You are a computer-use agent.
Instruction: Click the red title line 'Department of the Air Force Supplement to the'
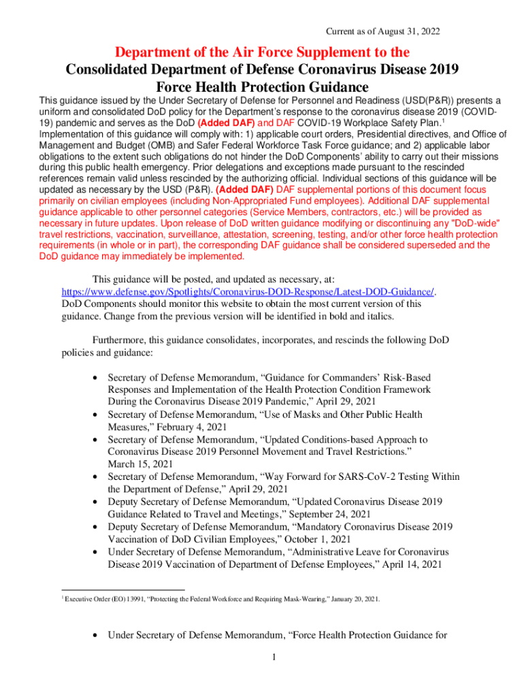[x=262, y=52]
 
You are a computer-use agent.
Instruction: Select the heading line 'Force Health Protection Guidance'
[x=262, y=88]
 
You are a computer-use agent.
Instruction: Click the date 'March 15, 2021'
[x=140, y=464]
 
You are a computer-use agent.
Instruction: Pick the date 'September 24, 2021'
[x=331, y=514]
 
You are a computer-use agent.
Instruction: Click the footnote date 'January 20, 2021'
[x=350, y=599]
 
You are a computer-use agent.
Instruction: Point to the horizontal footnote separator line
[x=122, y=589]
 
